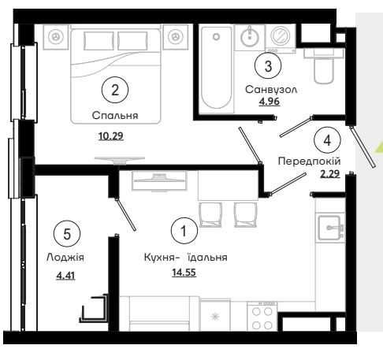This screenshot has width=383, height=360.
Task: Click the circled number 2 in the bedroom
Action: (x=115, y=90)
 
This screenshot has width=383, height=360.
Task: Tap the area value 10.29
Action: (x=111, y=136)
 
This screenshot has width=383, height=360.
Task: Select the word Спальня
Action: (x=115, y=116)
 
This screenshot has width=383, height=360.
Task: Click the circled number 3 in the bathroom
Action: (x=268, y=65)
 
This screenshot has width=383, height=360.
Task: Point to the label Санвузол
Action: (x=271, y=90)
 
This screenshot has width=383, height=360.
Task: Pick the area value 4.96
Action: (x=270, y=102)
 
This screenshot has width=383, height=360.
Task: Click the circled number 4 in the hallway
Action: (x=327, y=140)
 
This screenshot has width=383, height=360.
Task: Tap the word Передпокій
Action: (x=309, y=161)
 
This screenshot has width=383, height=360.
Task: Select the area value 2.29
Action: (x=330, y=174)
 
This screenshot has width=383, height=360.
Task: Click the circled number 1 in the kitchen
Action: (x=184, y=231)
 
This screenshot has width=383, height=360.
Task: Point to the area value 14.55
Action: (x=184, y=273)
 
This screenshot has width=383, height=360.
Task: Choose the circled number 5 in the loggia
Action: (x=67, y=234)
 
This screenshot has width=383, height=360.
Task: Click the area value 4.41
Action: (x=65, y=276)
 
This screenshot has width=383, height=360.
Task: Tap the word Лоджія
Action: (x=65, y=258)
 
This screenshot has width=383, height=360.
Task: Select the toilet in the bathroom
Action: (x=324, y=65)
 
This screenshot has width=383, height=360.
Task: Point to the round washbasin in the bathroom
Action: (x=250, y=37)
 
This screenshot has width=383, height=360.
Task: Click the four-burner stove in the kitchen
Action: (x=262, y=317)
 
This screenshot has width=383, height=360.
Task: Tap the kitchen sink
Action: (x=330, y=228)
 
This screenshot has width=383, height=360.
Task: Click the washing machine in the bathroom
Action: (x=281, y=38)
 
